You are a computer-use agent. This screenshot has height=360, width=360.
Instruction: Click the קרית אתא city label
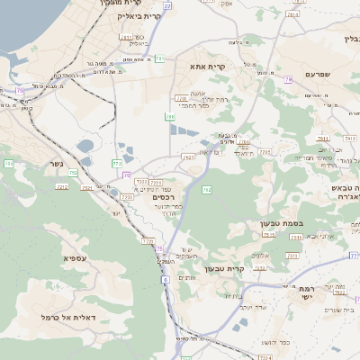pos(207,67)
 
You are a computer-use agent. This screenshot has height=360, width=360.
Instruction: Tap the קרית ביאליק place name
pos(145,17)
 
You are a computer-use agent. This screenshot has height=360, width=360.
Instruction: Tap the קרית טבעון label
pos(224,268)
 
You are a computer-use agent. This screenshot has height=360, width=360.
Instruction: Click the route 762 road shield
pos(207,190)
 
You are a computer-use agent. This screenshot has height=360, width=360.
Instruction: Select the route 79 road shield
pos(288,79)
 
